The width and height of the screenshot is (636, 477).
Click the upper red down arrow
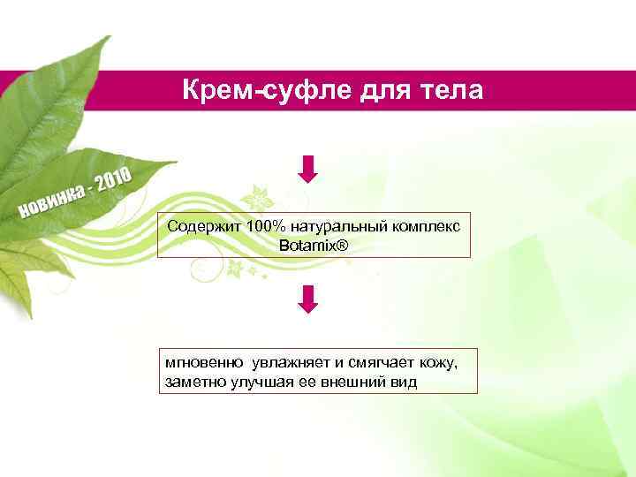tap(307, 168)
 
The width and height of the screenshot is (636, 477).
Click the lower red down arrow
tap(307, 299)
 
